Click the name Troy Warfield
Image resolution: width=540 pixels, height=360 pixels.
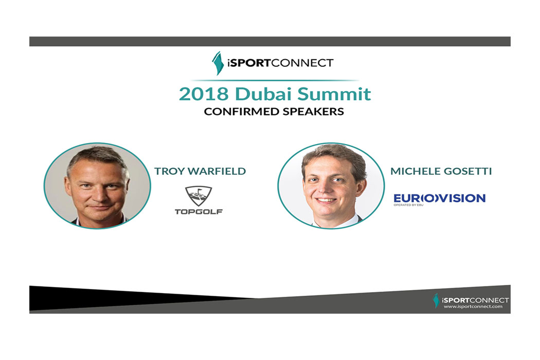pyautogui.click(x=200, y=171)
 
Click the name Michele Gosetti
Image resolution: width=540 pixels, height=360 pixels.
pyautogui.click(x=441, y=171)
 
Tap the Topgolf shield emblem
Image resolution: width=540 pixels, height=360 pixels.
pyautogui.click(x=199, y=195)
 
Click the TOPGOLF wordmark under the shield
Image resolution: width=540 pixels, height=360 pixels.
pyautogui.click(x=199, y=211)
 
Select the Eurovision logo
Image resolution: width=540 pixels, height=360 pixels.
pyautogui.click(x=439, y=199)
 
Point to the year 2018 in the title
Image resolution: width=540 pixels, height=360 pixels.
pyautogui.click(x=204, y=94)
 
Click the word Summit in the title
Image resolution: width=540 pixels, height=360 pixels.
pyautogui.click(x=334, y=94)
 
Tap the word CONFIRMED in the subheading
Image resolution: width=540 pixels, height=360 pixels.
pyautogui.click(x=241, y=112)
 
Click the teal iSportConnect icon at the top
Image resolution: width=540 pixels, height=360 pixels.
pyautogui.click(x=218, y=63)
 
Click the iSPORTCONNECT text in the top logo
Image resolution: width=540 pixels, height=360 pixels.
pyautogui.click(x=280, y=63)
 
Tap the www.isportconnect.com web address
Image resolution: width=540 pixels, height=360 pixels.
pyautogui.click(x=473, y=307)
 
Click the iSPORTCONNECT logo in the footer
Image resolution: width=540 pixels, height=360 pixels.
pyautogui.click(x=471, y=300)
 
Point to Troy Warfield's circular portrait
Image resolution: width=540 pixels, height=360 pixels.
pyautogui.click(x=97, y=186)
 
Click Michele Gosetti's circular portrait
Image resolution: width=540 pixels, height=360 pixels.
pyautogui.click(x=331, y=186)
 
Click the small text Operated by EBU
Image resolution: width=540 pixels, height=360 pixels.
pyautogui.click(x=408, y=205)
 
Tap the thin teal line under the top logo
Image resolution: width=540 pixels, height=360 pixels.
pyautogui.click(x=275, y=80)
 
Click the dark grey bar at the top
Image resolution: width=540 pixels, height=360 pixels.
pyautogui.click(x=270, y=41)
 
